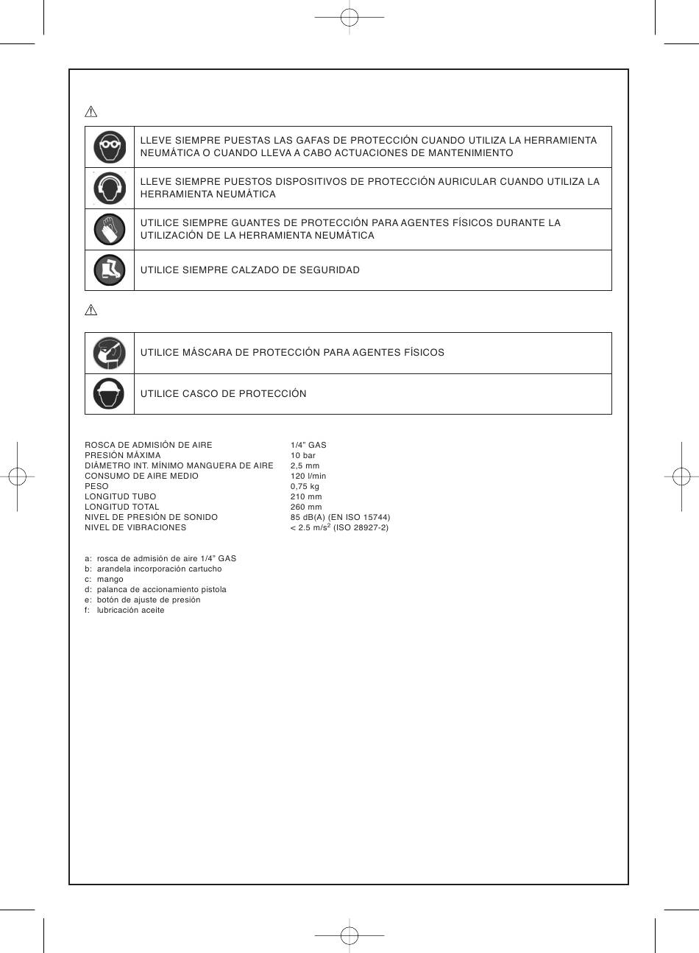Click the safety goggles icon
[110, 147]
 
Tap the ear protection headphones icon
[110, 188]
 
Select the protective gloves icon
[110, 229]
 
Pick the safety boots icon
[110, 270]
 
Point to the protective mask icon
[110, 353]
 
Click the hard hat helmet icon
[110, 393]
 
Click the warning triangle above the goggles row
[91, 112]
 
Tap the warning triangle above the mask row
[91, 310]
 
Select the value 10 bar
[303, 456]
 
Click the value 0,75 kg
[305, 487]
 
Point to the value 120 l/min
[308, 476]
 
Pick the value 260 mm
[306, 507]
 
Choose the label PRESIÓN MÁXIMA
[123, 456]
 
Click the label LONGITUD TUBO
[121, 497]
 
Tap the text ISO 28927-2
[361, 528]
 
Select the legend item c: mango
[104, 580]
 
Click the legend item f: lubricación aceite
[124, 611]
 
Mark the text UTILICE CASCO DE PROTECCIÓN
[224, 394]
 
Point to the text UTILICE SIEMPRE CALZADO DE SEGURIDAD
[250, 270]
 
